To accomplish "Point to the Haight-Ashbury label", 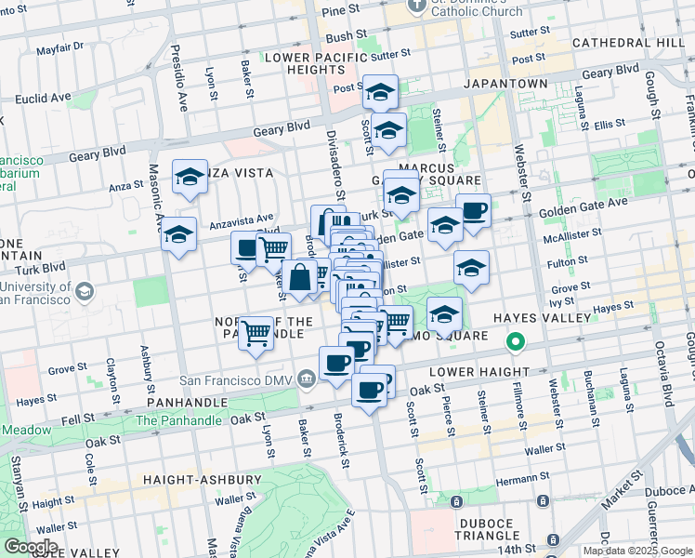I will click(x=202, y=480).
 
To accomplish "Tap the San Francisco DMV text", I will click(x=236, y=379).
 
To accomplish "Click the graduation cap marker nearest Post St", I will click(x=380, y=92).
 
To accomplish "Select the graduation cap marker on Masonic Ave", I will click(x=178, y=235).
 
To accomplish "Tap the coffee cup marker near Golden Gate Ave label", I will click(x=473, y=211).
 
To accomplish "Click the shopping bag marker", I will click(x=300, y=278).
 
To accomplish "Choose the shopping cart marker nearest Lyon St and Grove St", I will click(x=256, y=333).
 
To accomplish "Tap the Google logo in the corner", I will click(x=30, y=547).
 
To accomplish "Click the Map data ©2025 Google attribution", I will click(x=637, y=551).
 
